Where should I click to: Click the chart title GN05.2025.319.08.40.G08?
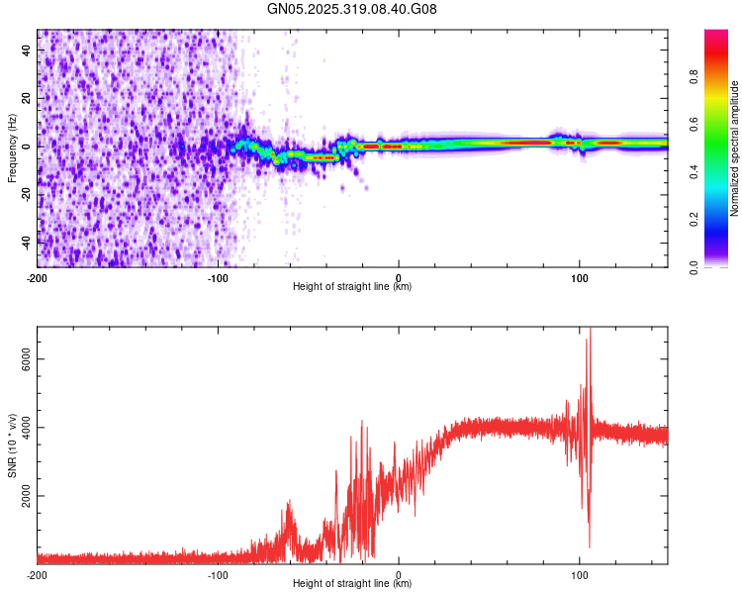[352, 9]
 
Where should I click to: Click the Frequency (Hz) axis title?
[12, 148]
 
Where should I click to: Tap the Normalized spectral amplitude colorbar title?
[734, 148]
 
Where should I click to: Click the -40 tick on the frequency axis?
[28, 241]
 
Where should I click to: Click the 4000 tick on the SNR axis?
[22, 428]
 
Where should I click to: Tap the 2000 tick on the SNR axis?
[22, 496]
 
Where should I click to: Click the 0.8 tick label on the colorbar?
[694, 76]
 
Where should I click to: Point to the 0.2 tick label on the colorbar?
[694, 220]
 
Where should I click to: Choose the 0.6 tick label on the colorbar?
[694, 125]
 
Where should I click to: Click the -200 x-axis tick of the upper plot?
[38, 277]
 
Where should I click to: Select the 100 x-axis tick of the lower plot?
[579, 574]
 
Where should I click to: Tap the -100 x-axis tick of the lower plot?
[218, 574]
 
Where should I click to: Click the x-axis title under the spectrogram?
[352, 287]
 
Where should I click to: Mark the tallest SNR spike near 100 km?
[591, 330]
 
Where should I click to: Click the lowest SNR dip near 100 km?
[590, 546]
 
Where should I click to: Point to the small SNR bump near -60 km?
[289, 503]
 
